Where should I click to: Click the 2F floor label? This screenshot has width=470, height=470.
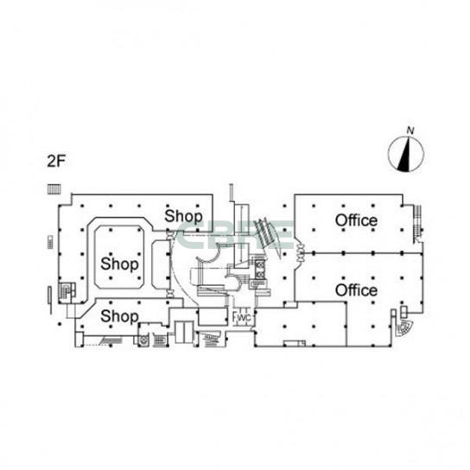tap(56, 162)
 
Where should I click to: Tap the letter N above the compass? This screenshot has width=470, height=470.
tap(410, 130)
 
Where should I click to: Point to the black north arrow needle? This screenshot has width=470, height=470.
tap(404, 155)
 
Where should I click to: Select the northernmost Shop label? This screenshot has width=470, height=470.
tap(183, 216)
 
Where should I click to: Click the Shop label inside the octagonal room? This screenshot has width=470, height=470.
tap(119, 264)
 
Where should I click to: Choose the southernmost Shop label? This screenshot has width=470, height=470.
tap(119, 316)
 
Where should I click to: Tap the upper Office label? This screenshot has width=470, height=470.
tap(356, 220)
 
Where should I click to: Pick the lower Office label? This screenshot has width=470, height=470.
tap(356, 290)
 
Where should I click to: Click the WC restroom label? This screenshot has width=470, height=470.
tap(244, 318)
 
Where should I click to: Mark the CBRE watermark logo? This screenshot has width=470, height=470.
tap(234, 235)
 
